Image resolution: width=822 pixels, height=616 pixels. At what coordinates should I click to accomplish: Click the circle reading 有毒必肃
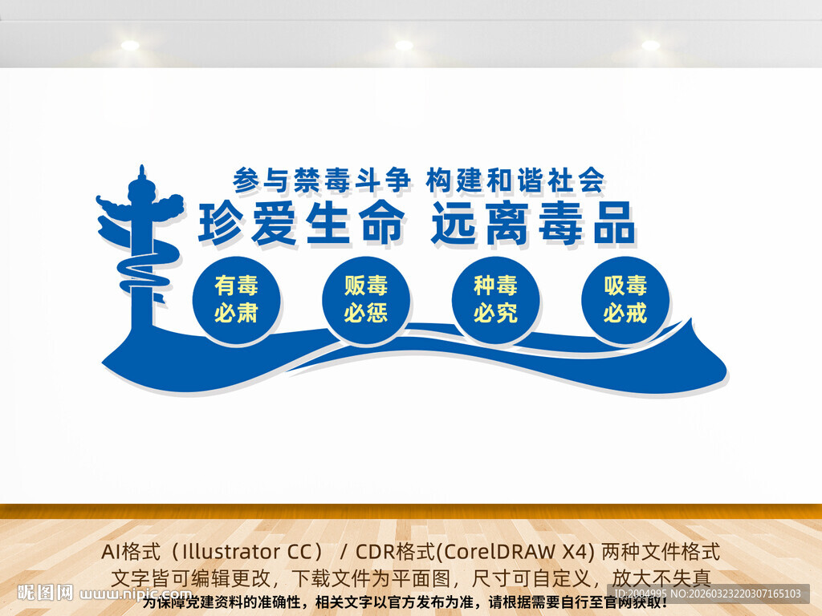point(236,298)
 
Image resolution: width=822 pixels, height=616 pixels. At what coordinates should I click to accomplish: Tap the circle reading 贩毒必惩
point(366,299)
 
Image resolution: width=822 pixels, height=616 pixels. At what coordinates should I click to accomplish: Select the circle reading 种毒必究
point(495,299)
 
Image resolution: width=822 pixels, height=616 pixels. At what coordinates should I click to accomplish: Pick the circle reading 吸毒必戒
point(625,299)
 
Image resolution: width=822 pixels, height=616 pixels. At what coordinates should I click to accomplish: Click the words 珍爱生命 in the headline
point(301,222)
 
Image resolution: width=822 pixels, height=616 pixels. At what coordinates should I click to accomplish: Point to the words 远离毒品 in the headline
point(533,222)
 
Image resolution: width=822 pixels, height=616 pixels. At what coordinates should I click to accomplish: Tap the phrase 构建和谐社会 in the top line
point(515,178)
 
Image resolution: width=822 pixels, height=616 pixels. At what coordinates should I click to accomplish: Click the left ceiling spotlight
point(130,45)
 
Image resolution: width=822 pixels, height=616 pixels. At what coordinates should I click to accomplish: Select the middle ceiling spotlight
point(404,45)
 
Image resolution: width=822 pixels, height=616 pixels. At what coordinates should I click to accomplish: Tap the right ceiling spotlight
point(650,45)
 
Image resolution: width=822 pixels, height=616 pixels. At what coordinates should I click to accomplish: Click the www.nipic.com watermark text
point(136,594)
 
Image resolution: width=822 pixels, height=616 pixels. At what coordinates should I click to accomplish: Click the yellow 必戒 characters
point(625,313)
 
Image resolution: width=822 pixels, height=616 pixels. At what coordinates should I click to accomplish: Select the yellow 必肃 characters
point(236,313)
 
